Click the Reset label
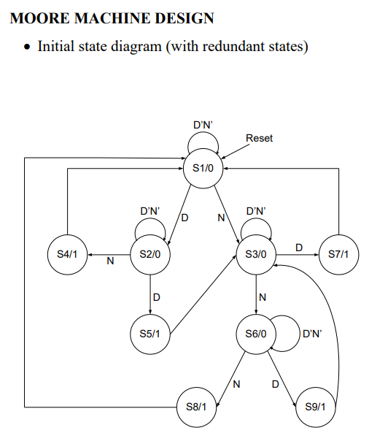pos(259,138)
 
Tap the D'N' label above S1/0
pos(203,125)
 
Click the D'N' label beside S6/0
pos(312,334)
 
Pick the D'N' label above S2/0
pos(150,211)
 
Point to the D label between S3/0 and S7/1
pos(299,248)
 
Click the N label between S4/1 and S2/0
pos(110,261)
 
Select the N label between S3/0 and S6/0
pos(263,297)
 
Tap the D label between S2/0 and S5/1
pos(157,297)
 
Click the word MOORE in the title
pos(39,18)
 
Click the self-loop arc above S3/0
pos(256,218)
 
